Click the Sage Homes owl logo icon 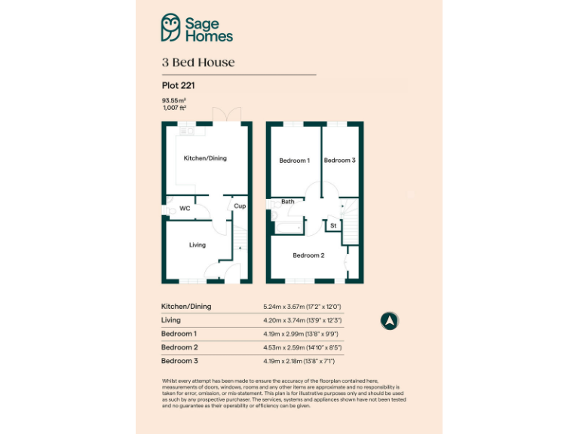tap(172, 28)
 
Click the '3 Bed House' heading tap(198, 63)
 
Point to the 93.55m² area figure tap(173, 100)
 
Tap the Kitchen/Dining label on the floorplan tap(205, 158)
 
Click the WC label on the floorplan tap(185, 208)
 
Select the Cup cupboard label tap(240, 206)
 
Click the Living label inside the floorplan tap(197, 245)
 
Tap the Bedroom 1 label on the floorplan tap(294, 160)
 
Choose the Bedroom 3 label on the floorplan tap(339, 160)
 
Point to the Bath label tap(288, 202)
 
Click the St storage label tap(332, 225)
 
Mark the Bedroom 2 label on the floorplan tap(308, 255)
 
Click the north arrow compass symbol tap(390, 321)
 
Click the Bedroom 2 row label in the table tap(179, 347)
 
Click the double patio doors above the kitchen tap(224, 115)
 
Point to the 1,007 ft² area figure tap(174, 108)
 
